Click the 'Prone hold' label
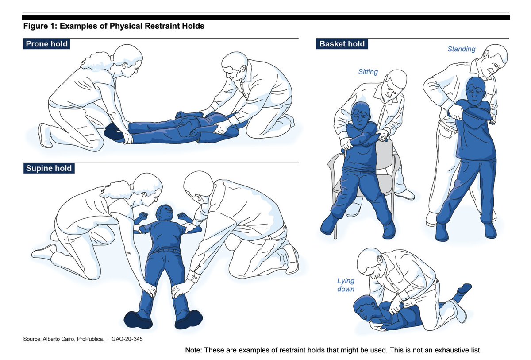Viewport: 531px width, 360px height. point(46,44)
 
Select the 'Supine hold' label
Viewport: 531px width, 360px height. point(49,168)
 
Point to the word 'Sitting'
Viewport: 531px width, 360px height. point(368,72)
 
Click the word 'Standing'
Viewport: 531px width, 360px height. point(461,49)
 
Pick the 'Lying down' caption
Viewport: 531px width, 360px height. point(346,285)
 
